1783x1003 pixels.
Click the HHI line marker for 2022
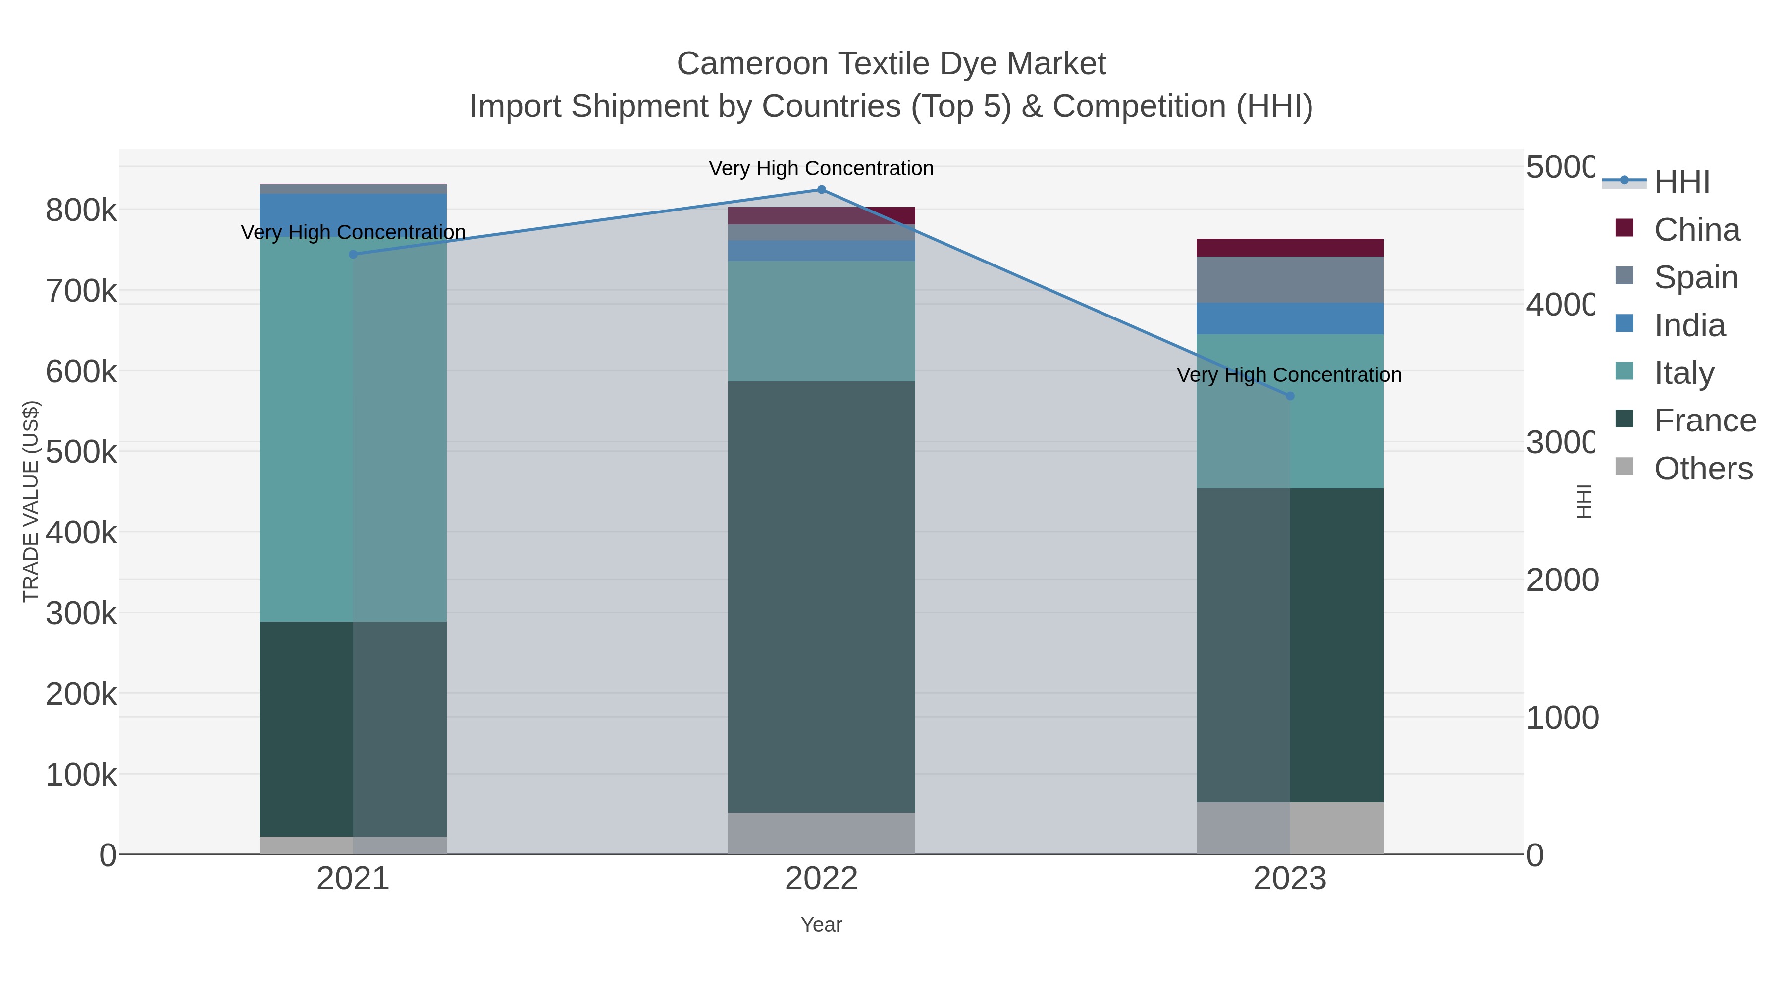(x=822, y=190)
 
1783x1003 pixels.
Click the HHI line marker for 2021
(x=353, y=254)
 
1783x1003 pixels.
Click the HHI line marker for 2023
(x=1290, y=396)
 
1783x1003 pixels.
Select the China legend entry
(x=1696, y=230)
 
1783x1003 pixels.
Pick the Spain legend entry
(x=1695, y=277)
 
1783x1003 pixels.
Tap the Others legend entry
(x=1703, y=469)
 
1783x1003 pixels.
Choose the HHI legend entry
(x=1681, y=182)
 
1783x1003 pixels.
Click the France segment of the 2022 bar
(x=822, y=595)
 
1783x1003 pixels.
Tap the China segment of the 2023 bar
(x=1290, y=248)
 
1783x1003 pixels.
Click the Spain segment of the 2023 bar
(x=1290, y=280)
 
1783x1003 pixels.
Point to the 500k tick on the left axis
(x=81, y=452)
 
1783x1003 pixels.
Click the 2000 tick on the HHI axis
(x=1562, y=580)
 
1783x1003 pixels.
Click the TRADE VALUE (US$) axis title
(x=31, y=501)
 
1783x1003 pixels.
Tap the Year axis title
(x=822, y=925)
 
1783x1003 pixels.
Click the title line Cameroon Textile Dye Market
(x=891, y=64)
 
